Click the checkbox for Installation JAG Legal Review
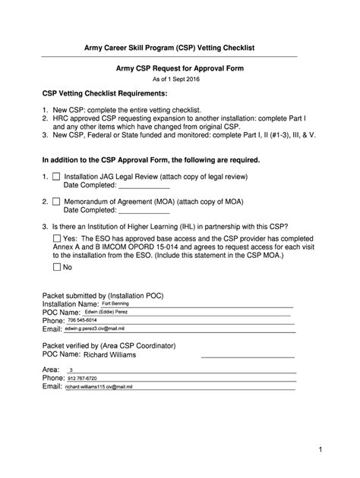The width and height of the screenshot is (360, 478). point(56,176)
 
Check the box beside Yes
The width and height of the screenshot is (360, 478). point(57,238)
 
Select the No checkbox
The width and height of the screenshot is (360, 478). point(57,267)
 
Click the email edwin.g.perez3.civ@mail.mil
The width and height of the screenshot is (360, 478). point(94,329)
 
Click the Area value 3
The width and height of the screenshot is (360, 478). point(71,370)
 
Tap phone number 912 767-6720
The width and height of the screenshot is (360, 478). point(83,378)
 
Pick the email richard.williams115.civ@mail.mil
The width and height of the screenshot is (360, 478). point(99,386)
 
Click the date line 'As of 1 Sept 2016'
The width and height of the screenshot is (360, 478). point(179,79)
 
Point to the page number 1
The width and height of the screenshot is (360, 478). point(321,451)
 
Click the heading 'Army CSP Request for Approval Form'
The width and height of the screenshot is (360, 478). point(179,68)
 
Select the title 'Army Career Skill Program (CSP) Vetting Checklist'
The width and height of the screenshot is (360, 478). point(179,48)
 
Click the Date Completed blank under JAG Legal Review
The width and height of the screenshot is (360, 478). point(144,184)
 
